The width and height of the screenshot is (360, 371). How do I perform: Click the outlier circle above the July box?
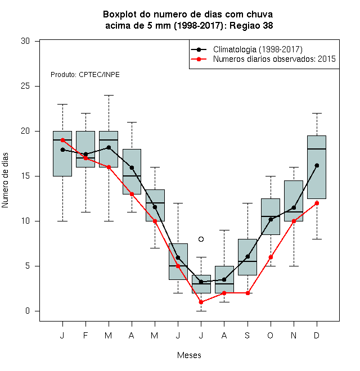pos(201,239)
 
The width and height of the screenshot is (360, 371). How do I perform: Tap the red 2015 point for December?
pos(317,203)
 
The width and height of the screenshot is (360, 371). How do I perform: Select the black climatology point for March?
pos(109,147)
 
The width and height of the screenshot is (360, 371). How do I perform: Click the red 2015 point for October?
pos(271,257)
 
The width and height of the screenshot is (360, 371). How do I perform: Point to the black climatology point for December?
pos(317,165)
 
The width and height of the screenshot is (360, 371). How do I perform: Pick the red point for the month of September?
pos(247,293)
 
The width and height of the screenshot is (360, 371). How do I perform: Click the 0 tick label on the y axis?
pos(28,311)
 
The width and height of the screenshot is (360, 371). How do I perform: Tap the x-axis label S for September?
pos(247,335)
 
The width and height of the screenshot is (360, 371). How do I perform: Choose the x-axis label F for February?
pos(85,335)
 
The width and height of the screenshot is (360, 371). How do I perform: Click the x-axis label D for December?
pos(317,335)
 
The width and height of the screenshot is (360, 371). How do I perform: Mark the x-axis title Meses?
pos(189,355)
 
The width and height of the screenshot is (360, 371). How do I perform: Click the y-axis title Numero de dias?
pos(5,180)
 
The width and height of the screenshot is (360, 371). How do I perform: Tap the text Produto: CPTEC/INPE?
pos(85,75)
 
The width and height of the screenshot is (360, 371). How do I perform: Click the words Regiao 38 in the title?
pos(251,25)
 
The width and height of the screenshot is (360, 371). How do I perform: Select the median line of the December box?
pos(317,149)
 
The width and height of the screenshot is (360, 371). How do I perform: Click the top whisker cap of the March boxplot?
pos(109,95)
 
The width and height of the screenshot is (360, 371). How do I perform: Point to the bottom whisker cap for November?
pos(294,266)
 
